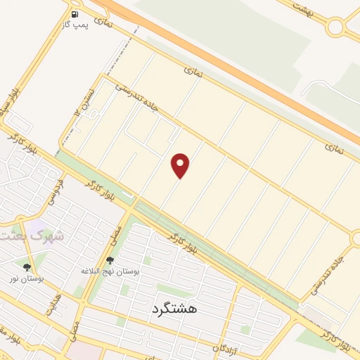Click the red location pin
(181, 165)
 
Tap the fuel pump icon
(75, 13)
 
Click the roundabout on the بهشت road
(335, 27)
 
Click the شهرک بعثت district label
(32, 236)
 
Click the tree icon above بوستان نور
(27, 267)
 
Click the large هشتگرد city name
(174, 308)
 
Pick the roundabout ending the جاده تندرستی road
(356, 239)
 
